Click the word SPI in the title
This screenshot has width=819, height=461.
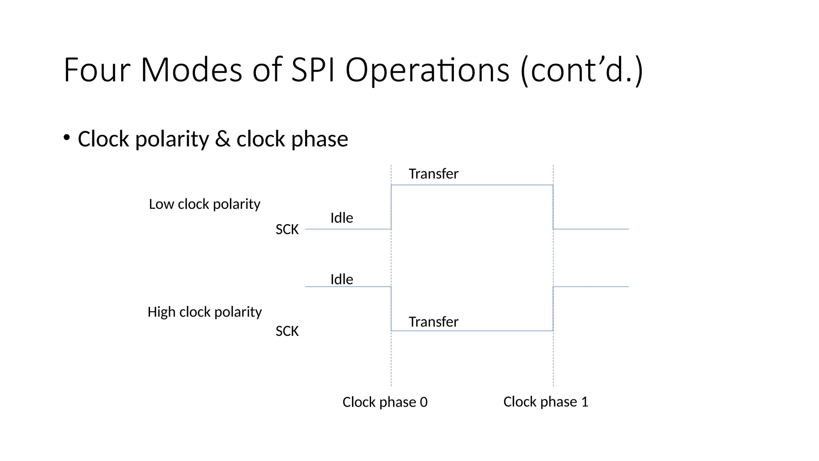click(313, 70)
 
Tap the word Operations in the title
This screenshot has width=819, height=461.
click(427, 70)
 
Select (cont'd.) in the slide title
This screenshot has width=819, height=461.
click(582, 70)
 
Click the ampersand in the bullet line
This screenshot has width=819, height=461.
click(222, 139)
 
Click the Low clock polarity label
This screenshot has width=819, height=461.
click(204, 204)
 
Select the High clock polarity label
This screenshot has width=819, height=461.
click(204, 312)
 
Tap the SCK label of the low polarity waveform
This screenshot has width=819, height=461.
click(287, 230)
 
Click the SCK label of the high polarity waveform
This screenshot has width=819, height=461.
click(287, 331)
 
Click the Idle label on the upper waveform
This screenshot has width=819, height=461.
click(342, 218)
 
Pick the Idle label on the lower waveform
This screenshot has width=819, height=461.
click(342, 279)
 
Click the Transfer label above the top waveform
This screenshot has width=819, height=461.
click(433, 174)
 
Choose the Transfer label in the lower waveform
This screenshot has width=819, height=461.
click(433, 322)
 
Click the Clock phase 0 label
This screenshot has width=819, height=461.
click(385, 402)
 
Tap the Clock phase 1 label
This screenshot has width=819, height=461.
click(545, 402)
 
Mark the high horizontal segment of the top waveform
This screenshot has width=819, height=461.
click(472, 185)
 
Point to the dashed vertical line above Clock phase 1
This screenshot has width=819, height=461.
click(553, 360)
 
